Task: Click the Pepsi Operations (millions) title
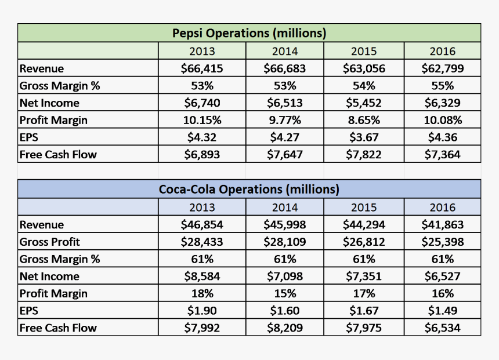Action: [249, 33]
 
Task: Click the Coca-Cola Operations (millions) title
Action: [249, 190]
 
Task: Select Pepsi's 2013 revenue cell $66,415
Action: [202, 68]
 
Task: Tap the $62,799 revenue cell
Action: [442, 68]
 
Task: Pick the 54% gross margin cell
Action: [364, 86]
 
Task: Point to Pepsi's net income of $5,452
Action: [364, 103]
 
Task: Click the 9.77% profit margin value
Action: [284, 121]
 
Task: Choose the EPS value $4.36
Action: [442, 137]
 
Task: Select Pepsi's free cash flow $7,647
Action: [284, 155]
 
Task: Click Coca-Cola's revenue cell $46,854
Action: [202, 224]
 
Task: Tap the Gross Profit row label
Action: [50, 242]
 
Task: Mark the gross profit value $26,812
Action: [364, 242]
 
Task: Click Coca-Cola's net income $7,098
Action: [284, 277]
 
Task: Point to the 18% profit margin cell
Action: [202, 293]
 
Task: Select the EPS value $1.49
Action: [442, 311]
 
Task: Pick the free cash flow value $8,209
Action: [284, 328]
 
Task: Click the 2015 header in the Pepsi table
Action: [364, 52]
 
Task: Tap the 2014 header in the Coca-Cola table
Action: [284, 208]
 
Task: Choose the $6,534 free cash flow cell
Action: [442, 328]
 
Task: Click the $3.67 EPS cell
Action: [364, 137]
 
